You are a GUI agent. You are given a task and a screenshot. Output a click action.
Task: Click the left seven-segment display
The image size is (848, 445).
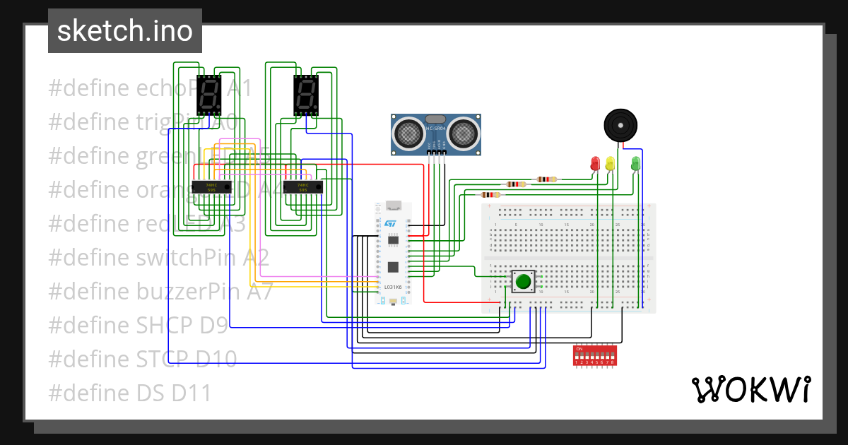[209, 95]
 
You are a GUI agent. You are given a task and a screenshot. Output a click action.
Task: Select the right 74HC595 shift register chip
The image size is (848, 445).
[302, 186]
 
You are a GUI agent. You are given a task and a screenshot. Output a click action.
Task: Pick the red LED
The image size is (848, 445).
[595, 163]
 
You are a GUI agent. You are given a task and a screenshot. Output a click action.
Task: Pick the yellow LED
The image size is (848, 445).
[610, 163]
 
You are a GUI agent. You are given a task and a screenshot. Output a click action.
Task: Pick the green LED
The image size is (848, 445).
[635, 163]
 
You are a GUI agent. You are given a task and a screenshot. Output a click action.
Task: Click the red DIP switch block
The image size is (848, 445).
[594, 355]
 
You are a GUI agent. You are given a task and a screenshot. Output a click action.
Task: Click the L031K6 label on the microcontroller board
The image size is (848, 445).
[392, 287]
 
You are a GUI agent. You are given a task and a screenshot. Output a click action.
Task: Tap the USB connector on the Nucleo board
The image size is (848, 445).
[393, 206]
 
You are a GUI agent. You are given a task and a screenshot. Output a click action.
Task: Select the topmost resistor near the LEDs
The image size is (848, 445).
[546, 179]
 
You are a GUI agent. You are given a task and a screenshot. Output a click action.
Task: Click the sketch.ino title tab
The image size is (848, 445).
[125, 31]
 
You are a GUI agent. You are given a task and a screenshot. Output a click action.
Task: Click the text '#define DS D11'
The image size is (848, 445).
[130, 393]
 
